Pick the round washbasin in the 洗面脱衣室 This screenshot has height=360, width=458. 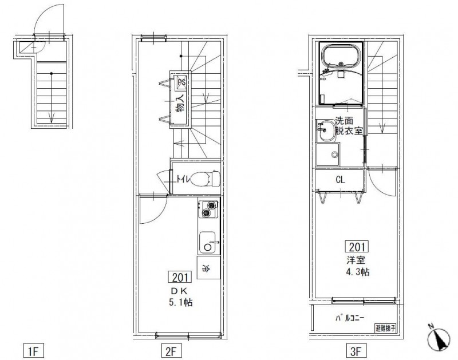[326, 131]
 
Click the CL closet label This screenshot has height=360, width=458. [340, 180]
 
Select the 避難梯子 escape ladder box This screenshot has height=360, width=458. [386, 329]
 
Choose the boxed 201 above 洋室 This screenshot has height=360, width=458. [356, 247]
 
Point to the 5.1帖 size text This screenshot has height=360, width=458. [180, 302]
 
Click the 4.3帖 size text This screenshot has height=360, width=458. [357, 271]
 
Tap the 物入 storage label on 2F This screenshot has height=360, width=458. [180, 106]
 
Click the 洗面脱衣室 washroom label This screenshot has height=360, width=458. [348, 125]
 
